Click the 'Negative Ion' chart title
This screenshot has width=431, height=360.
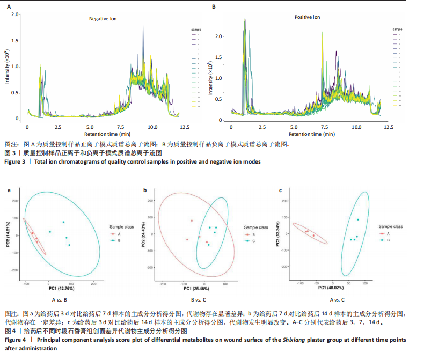coord(103,19)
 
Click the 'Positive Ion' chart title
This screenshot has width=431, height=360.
coord(307,17)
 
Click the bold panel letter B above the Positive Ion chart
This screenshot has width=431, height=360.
coord(214,6)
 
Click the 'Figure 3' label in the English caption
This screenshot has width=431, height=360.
coord(15,162)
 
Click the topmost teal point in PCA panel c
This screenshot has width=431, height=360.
coord(358,219)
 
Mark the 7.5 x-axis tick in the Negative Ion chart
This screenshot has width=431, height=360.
coord(121,127)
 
